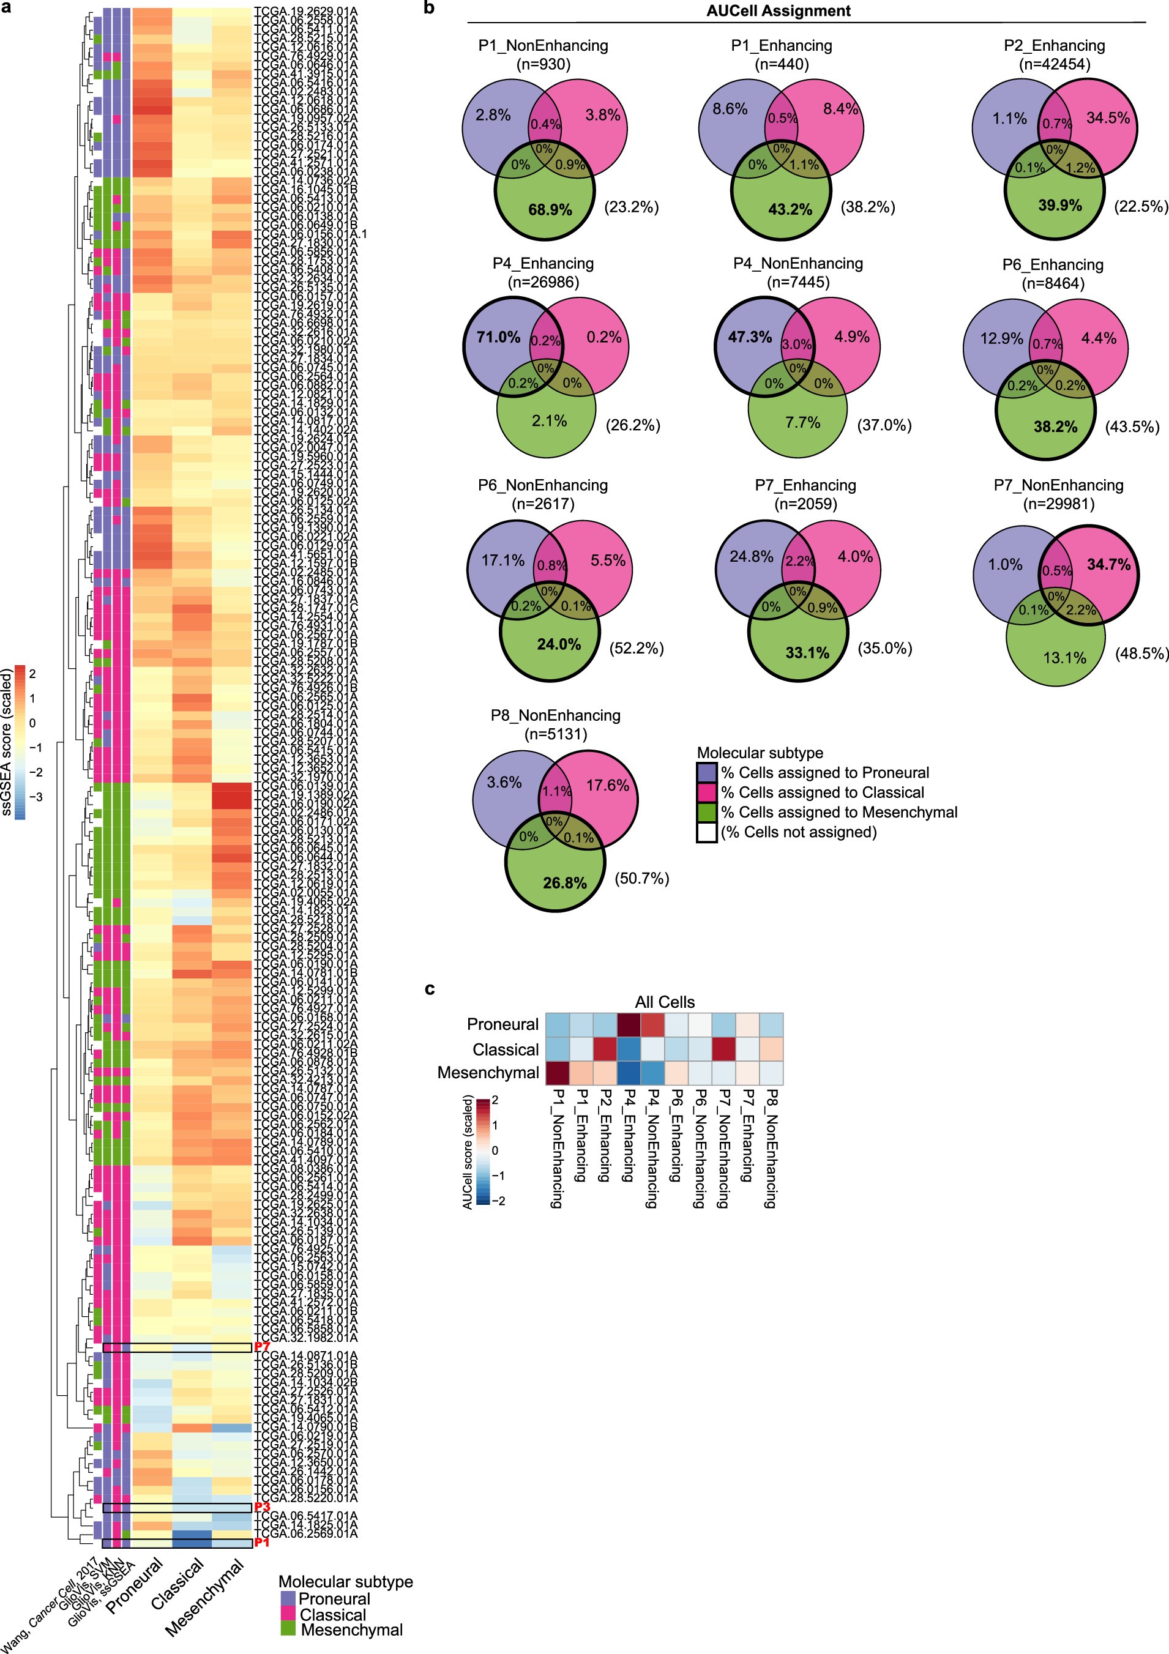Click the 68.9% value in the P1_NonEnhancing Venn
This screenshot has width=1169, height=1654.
click(550, 210)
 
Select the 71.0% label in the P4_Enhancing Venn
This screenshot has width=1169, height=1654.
click(498, 337)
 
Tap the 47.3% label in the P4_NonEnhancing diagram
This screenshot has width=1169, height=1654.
click(750, 337)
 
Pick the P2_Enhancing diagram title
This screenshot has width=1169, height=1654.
click(1054, 45)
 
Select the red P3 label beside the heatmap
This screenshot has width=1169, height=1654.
click(261, 1507)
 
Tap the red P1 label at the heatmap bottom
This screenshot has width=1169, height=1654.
click(261, 1543)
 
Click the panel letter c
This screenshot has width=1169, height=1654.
click(430, 988)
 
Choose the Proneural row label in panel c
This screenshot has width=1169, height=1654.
click(502, 1024)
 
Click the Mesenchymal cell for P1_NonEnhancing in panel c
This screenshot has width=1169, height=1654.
click(556, 1073)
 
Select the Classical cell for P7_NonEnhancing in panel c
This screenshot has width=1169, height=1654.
click(723, 1049)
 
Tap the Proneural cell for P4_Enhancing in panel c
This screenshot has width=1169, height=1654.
click(628, 1024)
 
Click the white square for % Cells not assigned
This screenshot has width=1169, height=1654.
click(706, 833)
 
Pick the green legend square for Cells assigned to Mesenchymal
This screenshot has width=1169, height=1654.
click(706, 813)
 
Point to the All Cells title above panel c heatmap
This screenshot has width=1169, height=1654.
click(665, 1002)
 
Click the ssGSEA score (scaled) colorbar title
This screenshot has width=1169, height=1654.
click(7, 742)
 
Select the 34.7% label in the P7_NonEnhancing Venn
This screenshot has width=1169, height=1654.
click(1108, 564)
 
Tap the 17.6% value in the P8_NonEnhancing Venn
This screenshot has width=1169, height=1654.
click(608, 784)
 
